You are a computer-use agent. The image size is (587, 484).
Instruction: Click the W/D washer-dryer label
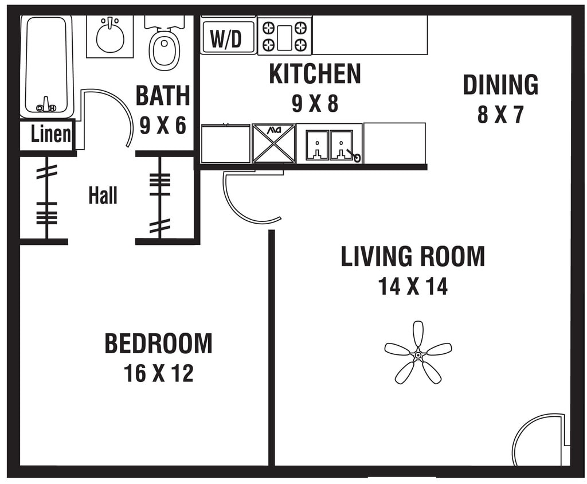pyautogui.click(x=226, y=38)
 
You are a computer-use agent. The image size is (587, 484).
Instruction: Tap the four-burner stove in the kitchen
pyautogui.click(x=284, y=36)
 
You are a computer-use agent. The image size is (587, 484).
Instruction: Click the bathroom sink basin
pyautogui.click(x=110, y=37)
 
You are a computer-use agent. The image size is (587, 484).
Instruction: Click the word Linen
pyautogui.click(x=51, y=134)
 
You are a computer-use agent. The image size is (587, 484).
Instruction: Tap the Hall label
pyautogui.click(x=103, y=196)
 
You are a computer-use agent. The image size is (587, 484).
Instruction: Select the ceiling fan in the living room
pyautogui.click(x=418, y=354)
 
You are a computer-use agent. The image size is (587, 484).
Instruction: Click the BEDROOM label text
pyautogui.click(x=158, y=344)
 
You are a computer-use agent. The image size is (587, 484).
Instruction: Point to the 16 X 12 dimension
pyautogui.click(x=158, y=374)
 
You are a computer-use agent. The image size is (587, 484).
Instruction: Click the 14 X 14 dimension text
pyautogui.click(x=413, y=286)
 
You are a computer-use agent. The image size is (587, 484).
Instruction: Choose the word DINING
pyautogui.click(x=500, y=85)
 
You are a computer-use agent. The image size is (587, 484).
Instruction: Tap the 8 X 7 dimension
pyautogui.click(x=500, y=115)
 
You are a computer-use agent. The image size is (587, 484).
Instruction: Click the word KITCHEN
pyautogui.click(x=315, y=74)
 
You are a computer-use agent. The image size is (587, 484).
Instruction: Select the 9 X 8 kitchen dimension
pyautogui.click(x=315, y=104)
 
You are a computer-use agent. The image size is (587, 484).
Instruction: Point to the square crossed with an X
pyautogui.click(x=274, y=144)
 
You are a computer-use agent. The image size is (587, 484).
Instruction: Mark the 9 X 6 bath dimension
pyautogui.click(x=163, y=125)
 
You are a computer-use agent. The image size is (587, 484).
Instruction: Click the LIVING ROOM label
pyautogui.click(x=413, y=256)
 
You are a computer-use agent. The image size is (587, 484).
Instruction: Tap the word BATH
pyautogui.click(x=163, y=96)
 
